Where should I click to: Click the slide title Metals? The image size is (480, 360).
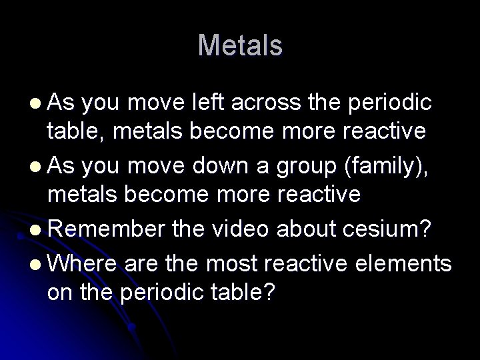[240, 46]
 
